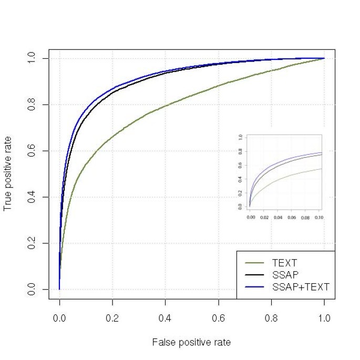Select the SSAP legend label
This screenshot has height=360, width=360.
tap(284, 274)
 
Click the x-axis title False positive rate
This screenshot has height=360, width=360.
tap(191, 342)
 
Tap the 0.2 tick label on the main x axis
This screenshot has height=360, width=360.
tap(112, 318)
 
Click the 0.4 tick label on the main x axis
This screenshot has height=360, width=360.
tap(166, 318)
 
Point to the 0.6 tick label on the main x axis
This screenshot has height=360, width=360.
tap(219, 318)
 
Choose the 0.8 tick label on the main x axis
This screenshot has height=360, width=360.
tap(271, 318)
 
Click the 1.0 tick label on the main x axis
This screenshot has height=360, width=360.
tap(324, 318)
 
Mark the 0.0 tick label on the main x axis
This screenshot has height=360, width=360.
tap(59, 318)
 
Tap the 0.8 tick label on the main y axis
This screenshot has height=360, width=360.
tap(31, 105)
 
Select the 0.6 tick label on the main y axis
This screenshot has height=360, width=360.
tap(31, 151)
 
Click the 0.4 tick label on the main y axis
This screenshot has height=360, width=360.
tap(31, 197)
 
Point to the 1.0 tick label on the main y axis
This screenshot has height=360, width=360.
tap(31, 58)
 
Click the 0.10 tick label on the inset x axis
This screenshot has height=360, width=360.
tap(318, 216)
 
